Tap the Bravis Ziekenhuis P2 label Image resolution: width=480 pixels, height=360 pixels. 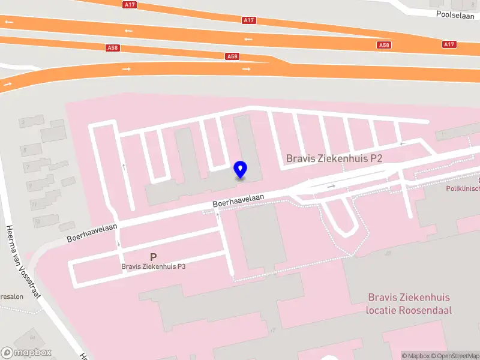(334, 158)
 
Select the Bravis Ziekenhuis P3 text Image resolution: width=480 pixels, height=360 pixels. (153, 266)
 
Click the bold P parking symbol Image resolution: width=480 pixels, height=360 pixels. (154, 256)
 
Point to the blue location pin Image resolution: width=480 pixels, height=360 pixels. (241, 170)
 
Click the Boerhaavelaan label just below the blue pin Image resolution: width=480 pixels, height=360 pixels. (238, 200)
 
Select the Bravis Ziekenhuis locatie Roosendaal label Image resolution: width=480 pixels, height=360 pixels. (409, 304)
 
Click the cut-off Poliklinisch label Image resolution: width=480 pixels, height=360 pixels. (463, 188)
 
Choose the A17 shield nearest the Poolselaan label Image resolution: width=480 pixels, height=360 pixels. (449, 44)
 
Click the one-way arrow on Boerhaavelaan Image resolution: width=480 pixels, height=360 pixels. (331, 186)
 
